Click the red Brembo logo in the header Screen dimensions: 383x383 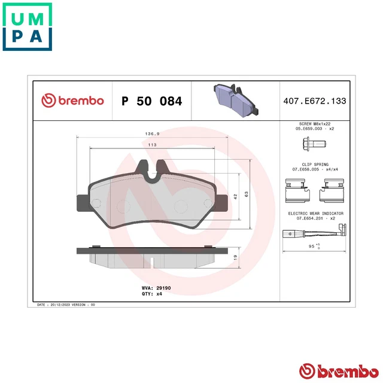[72, 101]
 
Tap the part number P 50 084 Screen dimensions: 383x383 [151, 101]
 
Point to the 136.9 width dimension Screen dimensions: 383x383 [152, 133]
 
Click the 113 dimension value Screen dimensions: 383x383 [152, 145]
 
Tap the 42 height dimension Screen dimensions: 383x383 [237, 195]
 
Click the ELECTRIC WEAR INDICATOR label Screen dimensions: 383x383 [315, 214]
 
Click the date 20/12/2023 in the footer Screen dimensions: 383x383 [62, 305]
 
